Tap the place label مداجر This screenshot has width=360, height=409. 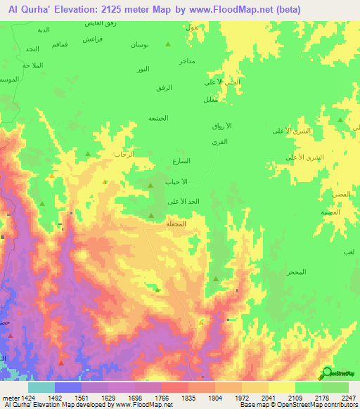pyautogui.click(x=187, y=62)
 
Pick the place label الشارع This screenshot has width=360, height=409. pyautogui.click(x=200, y=161)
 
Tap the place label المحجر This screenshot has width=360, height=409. pyautogui.click(x=295, y=272)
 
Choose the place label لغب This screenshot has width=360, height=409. pyautogui.click(x=349, y=252)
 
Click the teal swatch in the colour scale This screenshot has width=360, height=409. pyautogui.click(x=42, y=387)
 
